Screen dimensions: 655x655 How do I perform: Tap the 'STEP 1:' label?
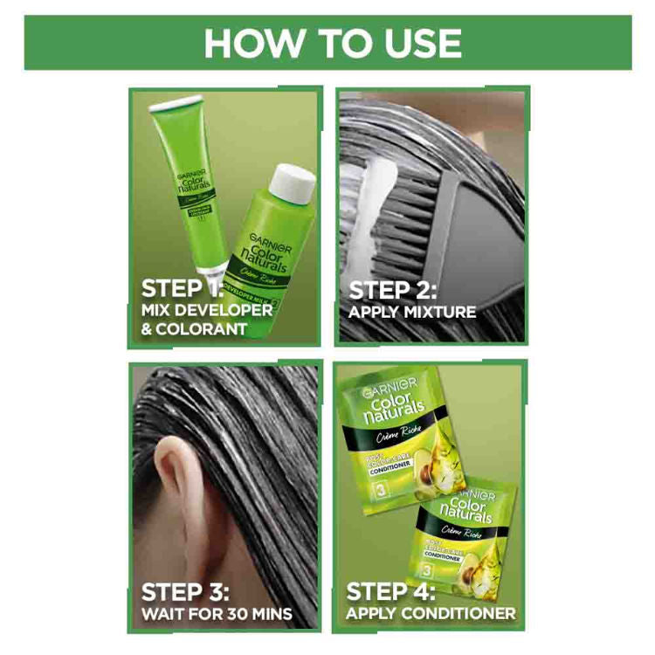pyautogui.click(x=183, y=288)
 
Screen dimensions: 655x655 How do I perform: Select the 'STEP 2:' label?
pyautogui.click(x=393, y=290)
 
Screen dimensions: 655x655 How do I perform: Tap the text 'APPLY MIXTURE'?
pyautogui.click(x=412, y=312)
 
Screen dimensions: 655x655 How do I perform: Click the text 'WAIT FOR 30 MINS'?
pyautogui.click(x=217, y=614)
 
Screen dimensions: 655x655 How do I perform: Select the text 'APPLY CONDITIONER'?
pyautogui.click(x=431, y=614)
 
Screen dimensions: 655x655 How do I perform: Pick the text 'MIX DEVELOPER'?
pyautogui.click(x=206, y=310)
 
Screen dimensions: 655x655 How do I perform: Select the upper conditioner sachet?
pyautogui.click(x=393, y=437)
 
